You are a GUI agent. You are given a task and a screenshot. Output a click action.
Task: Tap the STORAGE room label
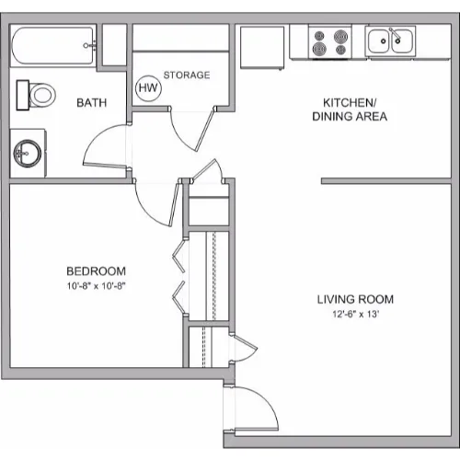pos(187,75)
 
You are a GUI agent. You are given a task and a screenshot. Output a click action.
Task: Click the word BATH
pos(92,103)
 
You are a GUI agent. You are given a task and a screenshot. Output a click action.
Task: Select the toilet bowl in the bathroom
pos(42,95)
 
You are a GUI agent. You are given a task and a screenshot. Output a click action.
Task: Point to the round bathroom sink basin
pos(28,154)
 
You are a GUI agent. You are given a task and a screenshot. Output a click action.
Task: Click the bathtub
pos(52,46)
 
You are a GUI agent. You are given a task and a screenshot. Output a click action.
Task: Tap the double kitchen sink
pos(390,40)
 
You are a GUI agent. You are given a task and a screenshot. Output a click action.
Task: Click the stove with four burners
pos(330,42)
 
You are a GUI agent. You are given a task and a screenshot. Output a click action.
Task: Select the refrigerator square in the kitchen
pos(262,48)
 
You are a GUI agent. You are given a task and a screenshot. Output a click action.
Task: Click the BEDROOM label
pos(97,271)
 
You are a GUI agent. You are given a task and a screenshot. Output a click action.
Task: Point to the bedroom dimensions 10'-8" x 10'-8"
pos(97,286)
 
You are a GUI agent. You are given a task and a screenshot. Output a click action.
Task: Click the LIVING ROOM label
pos(355,299)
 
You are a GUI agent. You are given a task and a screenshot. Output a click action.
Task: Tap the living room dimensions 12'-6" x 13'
pos(355,314)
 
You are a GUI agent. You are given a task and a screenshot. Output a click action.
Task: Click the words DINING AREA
pos(350,117)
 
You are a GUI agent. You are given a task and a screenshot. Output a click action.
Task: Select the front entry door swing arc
pos(264,397)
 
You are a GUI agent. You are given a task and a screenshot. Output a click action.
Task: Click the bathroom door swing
pos(92,139)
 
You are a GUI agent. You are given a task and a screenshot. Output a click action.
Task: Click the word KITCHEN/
pos(350,103)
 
